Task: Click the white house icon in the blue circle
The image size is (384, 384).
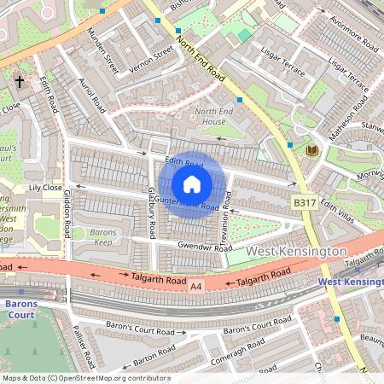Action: pyautogui.click(x=192, y=183)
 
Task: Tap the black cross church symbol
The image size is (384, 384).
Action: pyautogui.click(x=20, y=83)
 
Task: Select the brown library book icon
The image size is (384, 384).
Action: pyautogui.click(x=311, y=150)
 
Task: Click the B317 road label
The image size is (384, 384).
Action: pyautogui.click(x=305, y=203)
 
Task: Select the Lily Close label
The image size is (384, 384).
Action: pyautogui.click(x=46, y=187)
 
